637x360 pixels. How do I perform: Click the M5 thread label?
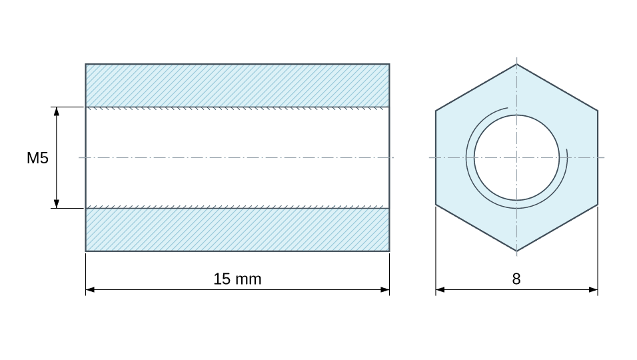pyautogui.click(x=37, y=158)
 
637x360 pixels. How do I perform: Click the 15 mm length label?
pyautogui.click(x=237, y=279)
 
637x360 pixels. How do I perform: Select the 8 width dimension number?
pyautogui.click(x=516, y=279)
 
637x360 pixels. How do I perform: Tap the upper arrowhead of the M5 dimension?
pyautogui.click(x=57, y=111)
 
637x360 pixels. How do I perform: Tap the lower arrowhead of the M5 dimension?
pyautogui.click(x=57, y=204)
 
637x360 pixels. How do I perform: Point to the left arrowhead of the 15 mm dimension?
pyautogui.click(x=90, y=290)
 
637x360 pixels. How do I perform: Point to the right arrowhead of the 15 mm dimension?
pyautogui.click(x=384, y=290)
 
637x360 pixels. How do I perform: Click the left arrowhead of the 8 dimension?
pyautogui.click(x=440, y=290)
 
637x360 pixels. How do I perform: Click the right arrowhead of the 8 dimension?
pyautogui.click(x=593, y=290)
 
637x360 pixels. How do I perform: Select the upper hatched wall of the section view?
pyautogui.click(x=237, y=85)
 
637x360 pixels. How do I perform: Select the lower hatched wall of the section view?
pyautogui.click(x=237, y=229)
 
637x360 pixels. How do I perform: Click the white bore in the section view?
pyautogui.click(x=237, y=157)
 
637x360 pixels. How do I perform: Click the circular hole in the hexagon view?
pyautogui.click(x=516, y=157)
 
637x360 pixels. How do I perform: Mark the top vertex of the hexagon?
pyautogui.click(x=517, y=64)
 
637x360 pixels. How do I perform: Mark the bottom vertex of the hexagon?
pyautogui.click(x=517, y=251)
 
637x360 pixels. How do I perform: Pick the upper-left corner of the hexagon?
pyautogui.click(x=436, y=111)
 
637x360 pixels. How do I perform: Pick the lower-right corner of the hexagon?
pyautogui.click(x=598, y=205)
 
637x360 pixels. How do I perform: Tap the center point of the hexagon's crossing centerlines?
pyautogui.click(x=517, y=157)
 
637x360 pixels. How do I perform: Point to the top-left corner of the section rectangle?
pyautogui.click(x=86, y=64)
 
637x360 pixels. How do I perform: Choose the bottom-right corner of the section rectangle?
pyautogui.click(x=390, y=251)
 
